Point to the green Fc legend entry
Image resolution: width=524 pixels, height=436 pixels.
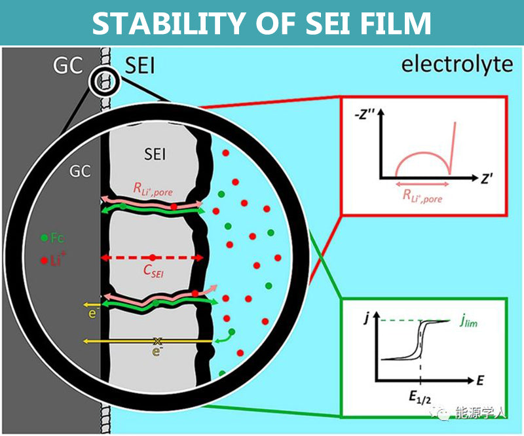[x=54, y=238]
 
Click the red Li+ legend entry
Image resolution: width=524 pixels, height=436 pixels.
[x=54, y=260]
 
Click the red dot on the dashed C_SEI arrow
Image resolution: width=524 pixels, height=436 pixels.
[x=152, y=257]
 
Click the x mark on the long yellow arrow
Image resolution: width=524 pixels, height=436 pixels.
[x=157, y=341]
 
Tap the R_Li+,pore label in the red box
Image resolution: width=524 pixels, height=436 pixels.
[x=422, y=196]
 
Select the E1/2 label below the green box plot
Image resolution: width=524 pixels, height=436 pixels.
[x=420, y=395]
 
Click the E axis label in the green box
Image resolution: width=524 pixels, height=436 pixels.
[x=480, y=379]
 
